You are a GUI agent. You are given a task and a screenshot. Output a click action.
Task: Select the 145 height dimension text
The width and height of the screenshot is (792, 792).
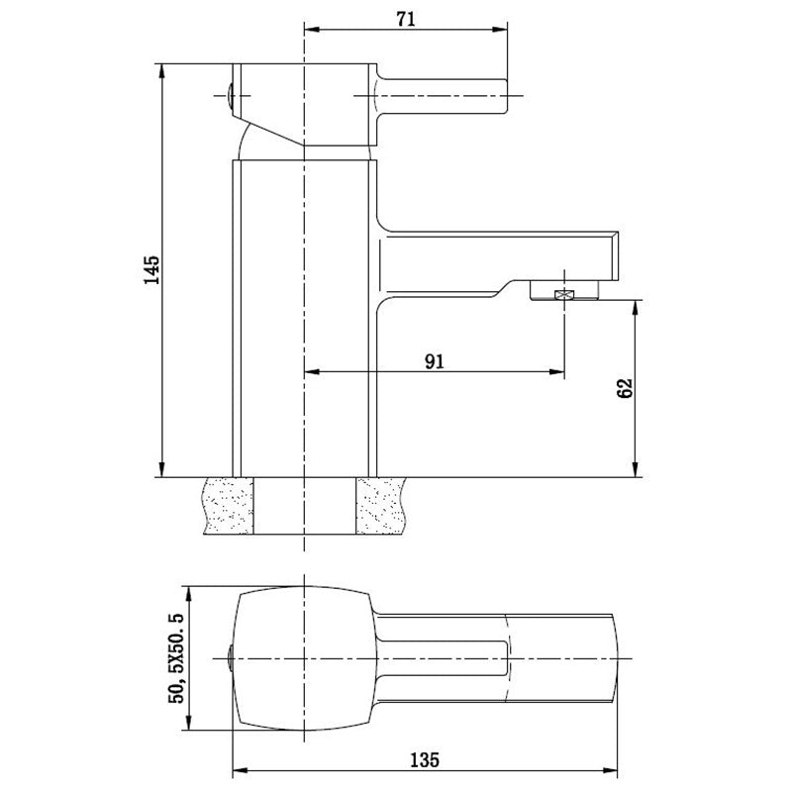(151, 270)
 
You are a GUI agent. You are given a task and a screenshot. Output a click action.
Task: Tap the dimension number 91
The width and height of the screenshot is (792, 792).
(433, 360)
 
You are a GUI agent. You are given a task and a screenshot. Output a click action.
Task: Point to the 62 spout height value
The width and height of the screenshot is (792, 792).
(624, 387)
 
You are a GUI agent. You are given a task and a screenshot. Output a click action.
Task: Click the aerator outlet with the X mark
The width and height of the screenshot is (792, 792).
(565, 293)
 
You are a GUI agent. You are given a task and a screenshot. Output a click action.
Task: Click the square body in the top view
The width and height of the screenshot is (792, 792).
(302, 659)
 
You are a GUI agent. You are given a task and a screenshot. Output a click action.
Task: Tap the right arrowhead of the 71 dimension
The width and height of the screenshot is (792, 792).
(504, 29)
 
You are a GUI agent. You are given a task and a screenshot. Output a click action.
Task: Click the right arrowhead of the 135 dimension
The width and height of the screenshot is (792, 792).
(623, 768)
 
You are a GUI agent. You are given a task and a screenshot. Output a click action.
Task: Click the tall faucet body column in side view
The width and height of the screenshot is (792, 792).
(305, 317)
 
